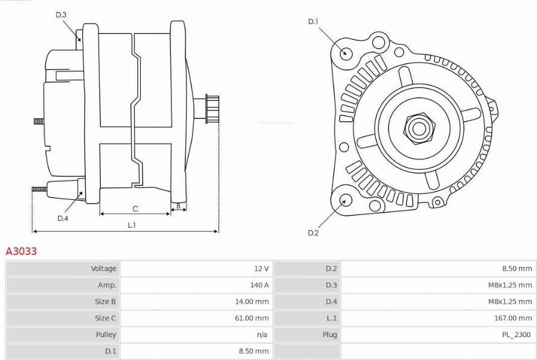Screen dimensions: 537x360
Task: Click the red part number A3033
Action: click(21, 251)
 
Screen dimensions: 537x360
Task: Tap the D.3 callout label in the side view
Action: click(61, 14)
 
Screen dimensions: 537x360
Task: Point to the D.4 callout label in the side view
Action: click(63, 218)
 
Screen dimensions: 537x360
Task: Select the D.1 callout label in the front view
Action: click(314, 22)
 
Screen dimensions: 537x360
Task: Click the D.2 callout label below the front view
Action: click(313, 233)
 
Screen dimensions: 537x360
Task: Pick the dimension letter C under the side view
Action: click(135, 208)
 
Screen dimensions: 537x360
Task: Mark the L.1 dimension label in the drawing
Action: click(132, 225)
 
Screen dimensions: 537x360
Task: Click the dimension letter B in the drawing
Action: click(178, 206)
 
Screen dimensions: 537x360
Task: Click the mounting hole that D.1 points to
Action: click(346, 53)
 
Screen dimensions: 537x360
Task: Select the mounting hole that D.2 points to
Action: click(346, 200)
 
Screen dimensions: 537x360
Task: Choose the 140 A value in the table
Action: click(259, 285)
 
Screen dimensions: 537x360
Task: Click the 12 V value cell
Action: click(262, 269)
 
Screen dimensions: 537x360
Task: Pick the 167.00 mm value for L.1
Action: click(513, 318)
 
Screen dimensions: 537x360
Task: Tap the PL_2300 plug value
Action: click(516, 334)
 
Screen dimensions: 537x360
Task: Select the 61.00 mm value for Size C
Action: click(252, 318)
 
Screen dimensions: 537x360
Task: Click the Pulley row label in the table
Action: click(106, 334)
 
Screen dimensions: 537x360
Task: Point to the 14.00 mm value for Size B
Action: click(252, 302)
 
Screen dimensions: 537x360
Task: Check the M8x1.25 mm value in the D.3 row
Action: click(510, 285)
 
